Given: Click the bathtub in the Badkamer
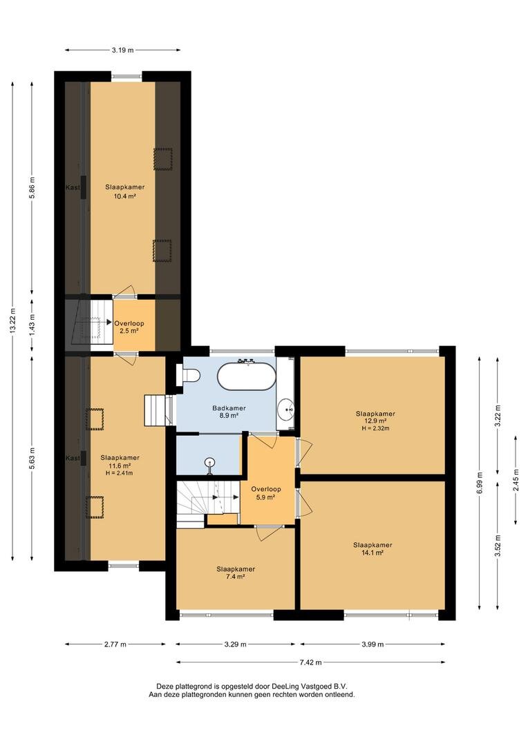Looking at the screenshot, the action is coord(246,376).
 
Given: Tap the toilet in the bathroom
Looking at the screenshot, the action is coord(187,375).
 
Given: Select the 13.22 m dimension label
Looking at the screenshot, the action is coord(12,321).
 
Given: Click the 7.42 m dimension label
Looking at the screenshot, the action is coord(310,662).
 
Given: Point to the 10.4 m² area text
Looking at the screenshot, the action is coord(125,195).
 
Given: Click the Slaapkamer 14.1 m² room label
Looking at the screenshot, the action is coord(373,549).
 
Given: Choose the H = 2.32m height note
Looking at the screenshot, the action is coord(376,428).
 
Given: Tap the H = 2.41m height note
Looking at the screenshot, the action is coord(120,473).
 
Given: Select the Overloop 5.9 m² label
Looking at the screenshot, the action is coord(266,493).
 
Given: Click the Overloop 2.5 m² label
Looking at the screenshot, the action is coord(129,327).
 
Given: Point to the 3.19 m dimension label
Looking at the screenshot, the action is coord(123,50).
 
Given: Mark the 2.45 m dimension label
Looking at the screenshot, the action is coord(516,480).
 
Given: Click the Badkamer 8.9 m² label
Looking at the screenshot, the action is coord(229,412).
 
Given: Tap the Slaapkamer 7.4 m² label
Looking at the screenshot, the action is coord(236,573).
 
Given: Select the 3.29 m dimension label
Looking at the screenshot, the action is coord(235,644).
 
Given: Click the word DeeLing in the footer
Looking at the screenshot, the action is coord(285,687).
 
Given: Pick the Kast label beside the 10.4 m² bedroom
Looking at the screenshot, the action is coord(73,187).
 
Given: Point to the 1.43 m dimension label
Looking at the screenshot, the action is coord(32,325).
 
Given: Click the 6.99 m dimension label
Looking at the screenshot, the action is coord(480,482).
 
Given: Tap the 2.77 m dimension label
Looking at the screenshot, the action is coord(115,644).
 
